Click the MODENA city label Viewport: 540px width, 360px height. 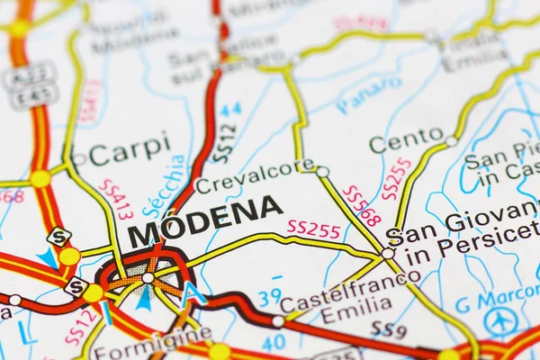pyautogui.click(x=204, y=221)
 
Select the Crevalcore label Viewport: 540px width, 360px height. pyautogui.click(x=254, y=176)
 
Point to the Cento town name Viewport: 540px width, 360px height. pyautogui.click(x=406, y=141)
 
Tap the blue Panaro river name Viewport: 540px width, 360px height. pyautogui.click(x=368, y=94)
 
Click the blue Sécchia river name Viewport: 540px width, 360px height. pyautogui.click(x=165, y=186)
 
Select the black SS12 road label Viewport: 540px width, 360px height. pyautogui.click(x=225, y=143)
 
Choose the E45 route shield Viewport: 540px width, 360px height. pyautogui.click(x=33, y=94)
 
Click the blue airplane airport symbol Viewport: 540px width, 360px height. pyautogui.click(x=500, y=320)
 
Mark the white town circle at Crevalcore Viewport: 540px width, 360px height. pyautogui.click(x=322, y=171)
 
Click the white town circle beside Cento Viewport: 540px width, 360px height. pyautogui.click(x=451, y=141)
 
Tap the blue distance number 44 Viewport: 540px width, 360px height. pyautogui.click(x=231, y=110)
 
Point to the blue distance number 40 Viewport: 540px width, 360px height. pyautogui.click(x=274, y=341)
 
